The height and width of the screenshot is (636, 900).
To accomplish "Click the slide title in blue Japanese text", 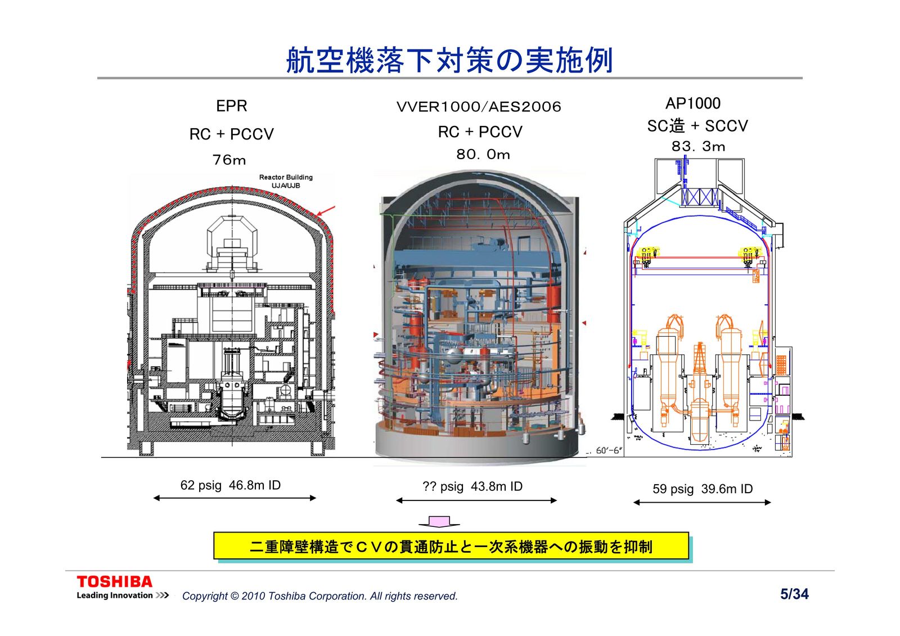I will tap(449, 61).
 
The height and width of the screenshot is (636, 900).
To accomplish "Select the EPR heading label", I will tap(231, 106).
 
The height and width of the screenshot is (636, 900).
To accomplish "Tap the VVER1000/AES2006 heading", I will tap(479, 107).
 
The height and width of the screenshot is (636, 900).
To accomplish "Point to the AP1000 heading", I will tap(692, 103).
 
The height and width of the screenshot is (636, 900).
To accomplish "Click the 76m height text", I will tap(229, 160).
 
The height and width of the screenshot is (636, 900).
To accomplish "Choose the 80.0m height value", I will tap(483, 155).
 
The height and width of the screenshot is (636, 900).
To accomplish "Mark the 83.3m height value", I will tap(698, 147).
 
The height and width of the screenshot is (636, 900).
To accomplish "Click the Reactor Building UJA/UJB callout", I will tap(286, 181).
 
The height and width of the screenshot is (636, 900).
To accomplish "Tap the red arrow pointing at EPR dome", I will tap(326, 212).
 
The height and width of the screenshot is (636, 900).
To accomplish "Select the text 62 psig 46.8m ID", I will tap(230, 485).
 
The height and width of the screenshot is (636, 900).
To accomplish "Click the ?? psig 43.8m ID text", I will tap(472, 486).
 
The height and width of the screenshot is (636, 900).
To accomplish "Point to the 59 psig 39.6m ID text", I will tap(702, 489).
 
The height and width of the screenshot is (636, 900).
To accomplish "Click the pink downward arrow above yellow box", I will tap(439, 522).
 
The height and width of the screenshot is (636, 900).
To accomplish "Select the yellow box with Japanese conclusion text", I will tap(451, 546).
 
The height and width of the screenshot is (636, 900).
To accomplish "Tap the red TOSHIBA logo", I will tap(115, 581).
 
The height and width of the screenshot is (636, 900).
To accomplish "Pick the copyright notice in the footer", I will tap(319, 596).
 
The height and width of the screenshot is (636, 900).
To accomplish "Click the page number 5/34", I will tap(794, 594).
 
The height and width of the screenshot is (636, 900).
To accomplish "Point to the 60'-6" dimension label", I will tap(609, 451).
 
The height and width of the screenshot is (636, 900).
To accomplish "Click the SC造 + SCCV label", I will tap(697, 126).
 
